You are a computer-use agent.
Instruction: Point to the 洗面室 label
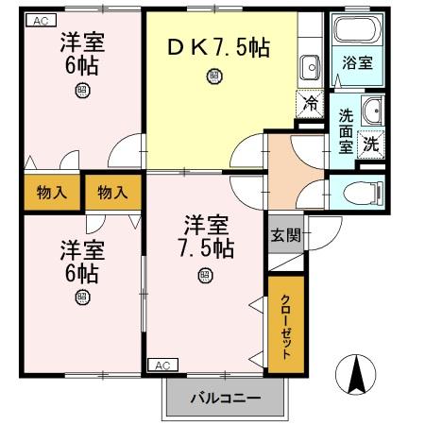click(347, 131)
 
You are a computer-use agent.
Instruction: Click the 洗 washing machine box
click(372, 144)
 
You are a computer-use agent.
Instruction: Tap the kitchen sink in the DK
click(309, 65)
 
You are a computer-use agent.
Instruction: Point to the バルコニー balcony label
click(223, 398)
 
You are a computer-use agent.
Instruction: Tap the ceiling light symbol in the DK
click(215, 76)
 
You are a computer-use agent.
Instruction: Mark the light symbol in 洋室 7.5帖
click(205, 275)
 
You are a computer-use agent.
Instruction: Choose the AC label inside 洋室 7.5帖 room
click(161, 364)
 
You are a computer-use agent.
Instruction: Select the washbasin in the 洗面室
click(372, 109)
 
